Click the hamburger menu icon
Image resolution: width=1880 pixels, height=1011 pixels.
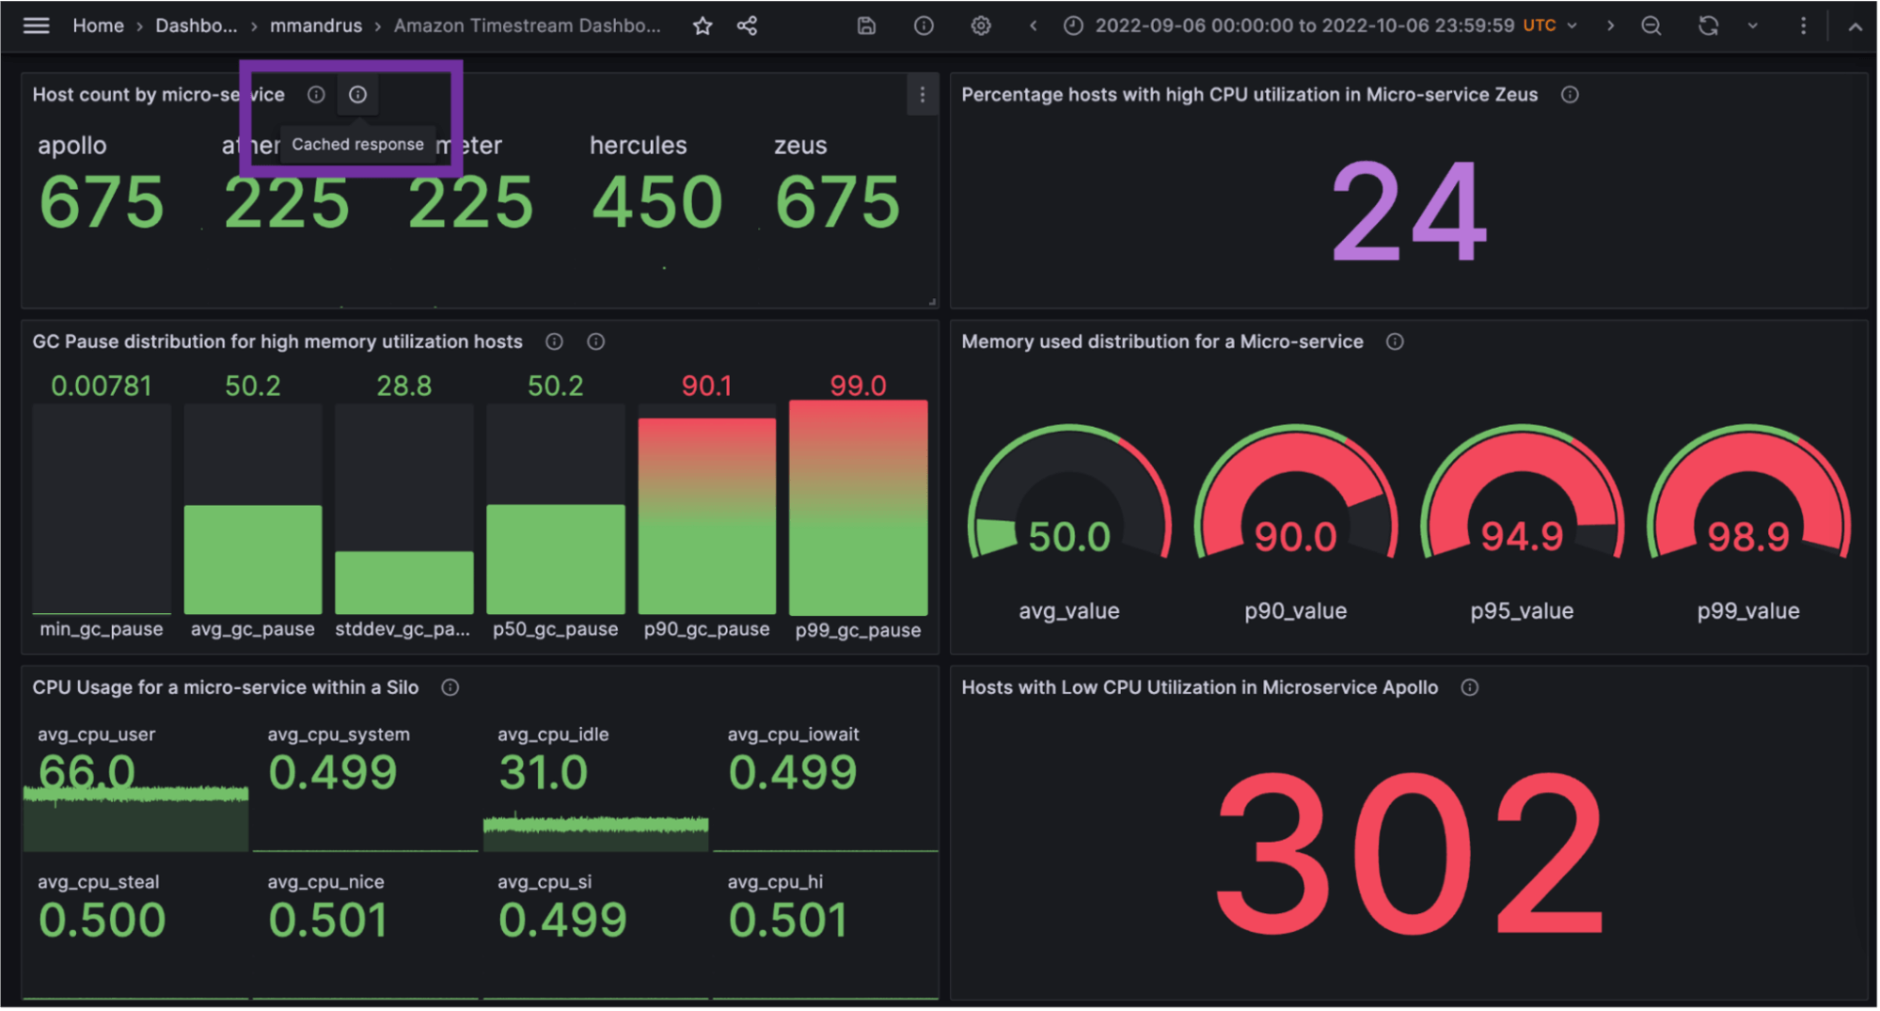click(x=36, y=25)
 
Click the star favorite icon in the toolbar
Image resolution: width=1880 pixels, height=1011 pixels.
click(x=702, y=25)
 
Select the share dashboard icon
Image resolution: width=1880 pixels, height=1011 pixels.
click(x=747, y=25)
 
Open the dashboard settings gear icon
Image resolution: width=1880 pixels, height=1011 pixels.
click(x=980, y=25)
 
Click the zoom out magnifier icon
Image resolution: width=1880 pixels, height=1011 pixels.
click(x=1651, y=25)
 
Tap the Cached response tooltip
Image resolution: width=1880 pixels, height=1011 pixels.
click(x=357, y=144)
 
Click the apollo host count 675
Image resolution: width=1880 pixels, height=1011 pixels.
click(x=102, y=202)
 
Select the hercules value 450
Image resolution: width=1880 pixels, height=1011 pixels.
click(x=656, y=202)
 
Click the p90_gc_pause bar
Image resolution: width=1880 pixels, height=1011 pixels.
click(x=706, y=515)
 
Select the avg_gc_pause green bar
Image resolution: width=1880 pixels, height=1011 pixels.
click(x=253, y=559)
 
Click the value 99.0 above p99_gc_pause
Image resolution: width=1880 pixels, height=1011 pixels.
click(x=858, y=386)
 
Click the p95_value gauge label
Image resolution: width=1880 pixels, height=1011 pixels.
click(x=1521, y=610)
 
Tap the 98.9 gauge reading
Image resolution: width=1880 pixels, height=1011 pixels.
click(x=1747, y=537)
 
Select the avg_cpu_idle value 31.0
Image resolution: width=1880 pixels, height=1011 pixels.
click(x=544, y=773)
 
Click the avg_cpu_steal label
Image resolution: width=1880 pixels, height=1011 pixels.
click(x=98, y=881)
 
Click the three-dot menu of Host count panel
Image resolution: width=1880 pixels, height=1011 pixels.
click(x=922, y=95)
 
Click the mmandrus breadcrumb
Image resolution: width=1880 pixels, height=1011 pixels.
click(x=316, y=25)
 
